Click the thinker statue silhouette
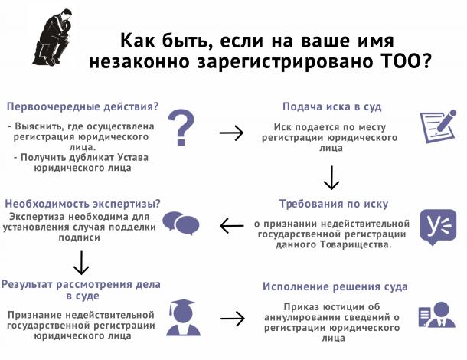(x=54, y=38)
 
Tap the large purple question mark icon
(x=181, y=127)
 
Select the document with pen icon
(x=438, y=126)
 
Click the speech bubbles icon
(x=181, y=224)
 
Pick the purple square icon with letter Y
(x=438, y=227)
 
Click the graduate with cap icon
(x=183, y=317)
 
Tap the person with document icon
(x=437, y=315)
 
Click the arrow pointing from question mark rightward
(x=231, y=133)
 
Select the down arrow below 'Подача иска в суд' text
(x=331, y=178)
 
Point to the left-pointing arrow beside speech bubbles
(x=232, y=226)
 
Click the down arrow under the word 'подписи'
(x=81, y=263)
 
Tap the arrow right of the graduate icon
(x=233, y=319)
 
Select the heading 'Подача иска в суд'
(x=331, y=106)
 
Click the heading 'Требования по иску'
(x=334, y=204)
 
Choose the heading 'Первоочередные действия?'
(x=83, y=106)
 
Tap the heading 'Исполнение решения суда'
(x=335, y=286)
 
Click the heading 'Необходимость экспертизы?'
(x=83, y=204)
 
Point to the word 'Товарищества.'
(x=356, y=244)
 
